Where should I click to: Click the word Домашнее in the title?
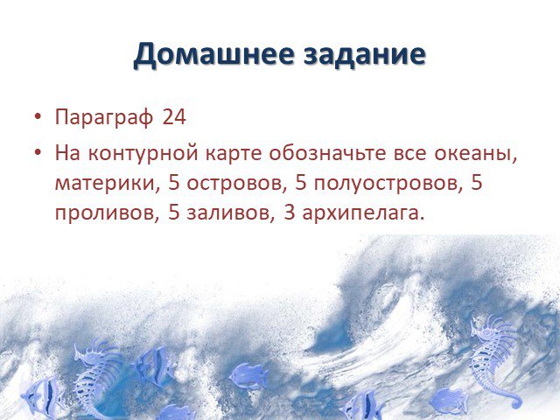point(213,54)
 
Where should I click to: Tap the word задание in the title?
point(365,54)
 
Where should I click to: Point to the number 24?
point(174,116)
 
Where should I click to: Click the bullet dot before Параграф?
point(38,116)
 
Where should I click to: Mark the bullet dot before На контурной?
point(38,153)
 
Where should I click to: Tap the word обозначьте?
point(327,152)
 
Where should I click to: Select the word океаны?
point(476,154)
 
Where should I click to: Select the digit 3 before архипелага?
point(290,213)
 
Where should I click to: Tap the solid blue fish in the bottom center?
point(248,376)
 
